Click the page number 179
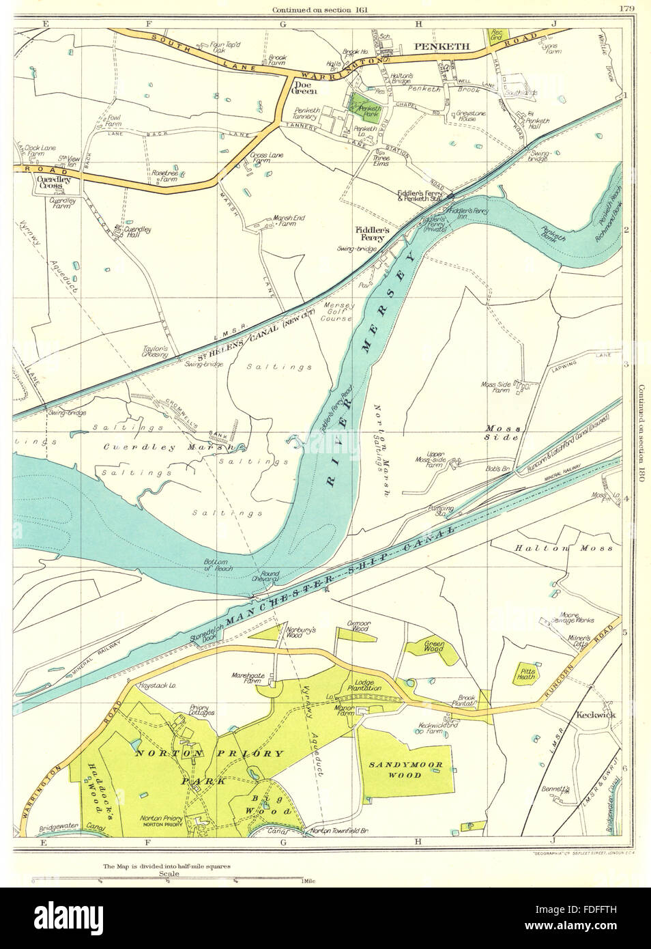point(626,8)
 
